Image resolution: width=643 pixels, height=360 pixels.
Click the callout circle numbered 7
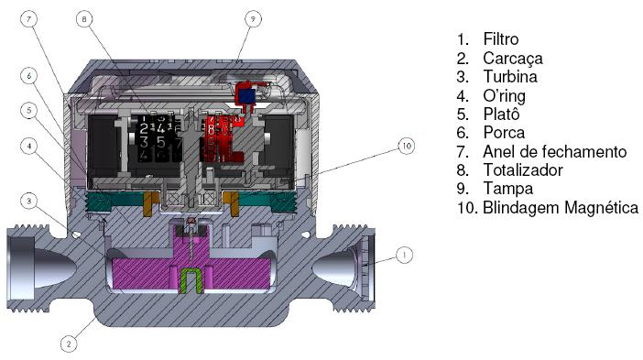(28, 19)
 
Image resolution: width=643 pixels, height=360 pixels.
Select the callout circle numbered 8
(84, 19)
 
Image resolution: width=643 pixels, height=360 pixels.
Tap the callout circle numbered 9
(253, 19)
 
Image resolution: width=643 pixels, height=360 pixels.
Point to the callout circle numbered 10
(407, 146)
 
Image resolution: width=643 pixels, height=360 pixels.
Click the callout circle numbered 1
(404, 255)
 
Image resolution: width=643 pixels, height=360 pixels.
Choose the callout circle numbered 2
(69, 344)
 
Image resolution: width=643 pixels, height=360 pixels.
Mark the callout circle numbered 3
(28, 201)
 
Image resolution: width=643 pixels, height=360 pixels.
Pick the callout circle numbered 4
(28, 146)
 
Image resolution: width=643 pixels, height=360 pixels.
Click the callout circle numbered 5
(28, 110)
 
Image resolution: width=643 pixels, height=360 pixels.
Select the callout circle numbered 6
(28, 76)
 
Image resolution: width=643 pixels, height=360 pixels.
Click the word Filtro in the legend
(501, 39)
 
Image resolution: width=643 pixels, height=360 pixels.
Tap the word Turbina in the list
(510, 77)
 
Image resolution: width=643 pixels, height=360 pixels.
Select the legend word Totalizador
(523, 169)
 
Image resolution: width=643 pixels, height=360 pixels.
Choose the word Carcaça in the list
(513, 59)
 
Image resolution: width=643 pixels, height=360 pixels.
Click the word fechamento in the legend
(584, 151)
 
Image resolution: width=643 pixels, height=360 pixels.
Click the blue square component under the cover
(247, 96)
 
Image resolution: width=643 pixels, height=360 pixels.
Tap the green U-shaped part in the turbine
(191, 281)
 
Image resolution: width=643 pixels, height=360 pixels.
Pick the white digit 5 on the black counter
(161, 142)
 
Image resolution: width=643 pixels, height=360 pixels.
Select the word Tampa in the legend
(507, 189)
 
